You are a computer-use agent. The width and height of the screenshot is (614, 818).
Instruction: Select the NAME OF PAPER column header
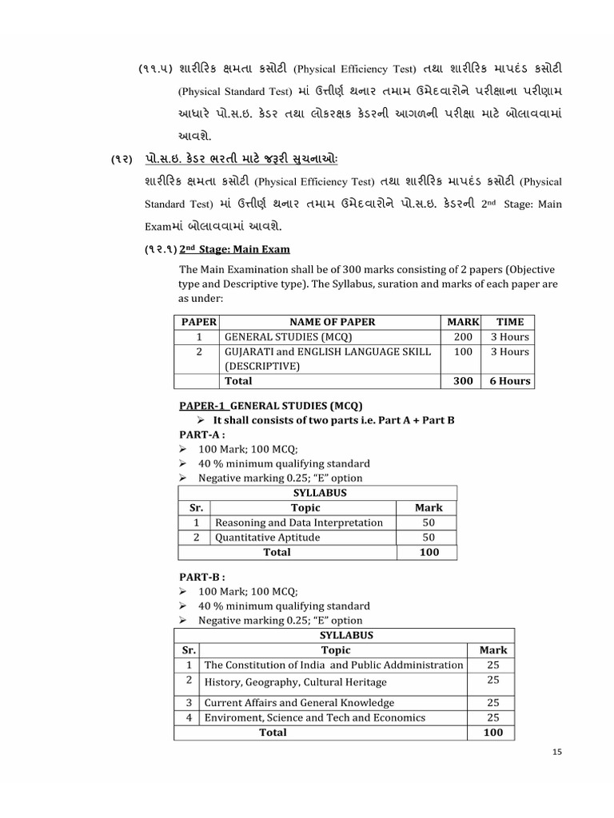332,322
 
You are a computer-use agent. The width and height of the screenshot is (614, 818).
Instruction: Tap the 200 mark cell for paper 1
463,337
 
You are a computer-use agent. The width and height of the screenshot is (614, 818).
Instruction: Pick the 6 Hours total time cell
509,381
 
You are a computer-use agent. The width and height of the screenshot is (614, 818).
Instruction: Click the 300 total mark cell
463,381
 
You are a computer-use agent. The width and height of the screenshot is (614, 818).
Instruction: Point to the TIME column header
509,322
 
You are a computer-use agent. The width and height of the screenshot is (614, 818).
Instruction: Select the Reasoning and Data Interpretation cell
299,522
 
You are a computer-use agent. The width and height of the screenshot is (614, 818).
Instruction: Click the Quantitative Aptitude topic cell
267,538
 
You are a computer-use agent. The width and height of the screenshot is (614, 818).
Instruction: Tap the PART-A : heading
202,435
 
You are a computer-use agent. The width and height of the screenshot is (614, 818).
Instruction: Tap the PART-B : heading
202,577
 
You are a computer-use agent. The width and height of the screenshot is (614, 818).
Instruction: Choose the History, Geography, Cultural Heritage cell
295,682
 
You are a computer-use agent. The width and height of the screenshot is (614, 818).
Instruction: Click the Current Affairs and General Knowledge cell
299,703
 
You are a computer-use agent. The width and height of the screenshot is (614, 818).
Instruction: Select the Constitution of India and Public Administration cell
333,665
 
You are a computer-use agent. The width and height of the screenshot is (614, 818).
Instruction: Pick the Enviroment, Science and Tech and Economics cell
315,717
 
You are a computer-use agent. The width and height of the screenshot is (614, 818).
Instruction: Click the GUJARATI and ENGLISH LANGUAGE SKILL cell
327,351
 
